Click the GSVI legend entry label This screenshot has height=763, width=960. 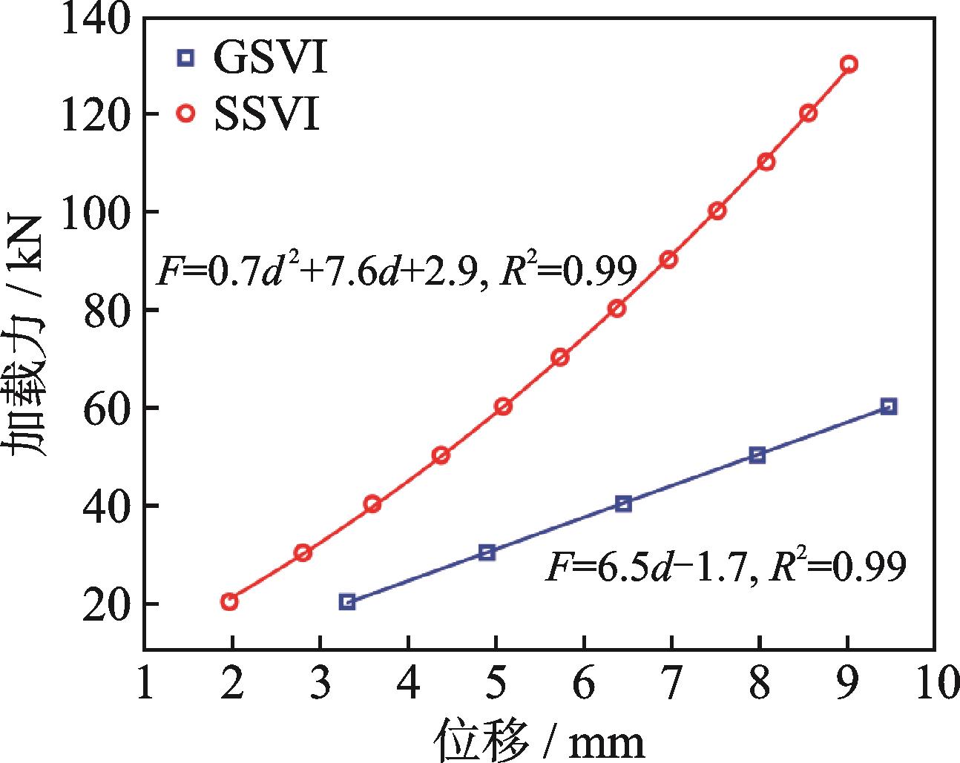270,58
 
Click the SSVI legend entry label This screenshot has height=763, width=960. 267,114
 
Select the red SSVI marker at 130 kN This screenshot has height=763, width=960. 849,65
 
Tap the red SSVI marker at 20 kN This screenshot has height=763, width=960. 229,601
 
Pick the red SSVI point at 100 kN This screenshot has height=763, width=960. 717,211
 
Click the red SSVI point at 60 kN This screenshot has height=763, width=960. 504,406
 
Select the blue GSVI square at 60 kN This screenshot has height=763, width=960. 889,406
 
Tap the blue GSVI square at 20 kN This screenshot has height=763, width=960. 347,601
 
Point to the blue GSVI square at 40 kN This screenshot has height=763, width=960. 623,504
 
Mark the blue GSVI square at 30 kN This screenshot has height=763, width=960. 487,552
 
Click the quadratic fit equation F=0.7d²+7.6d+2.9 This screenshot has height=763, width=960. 395,273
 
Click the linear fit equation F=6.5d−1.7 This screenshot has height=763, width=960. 726,569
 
